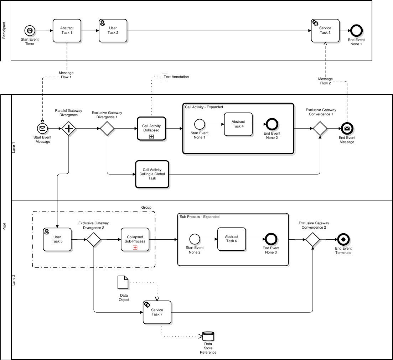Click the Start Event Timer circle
[30, 31]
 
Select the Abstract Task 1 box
[67, 31]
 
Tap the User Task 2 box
[113, 31]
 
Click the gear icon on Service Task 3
[315, 23]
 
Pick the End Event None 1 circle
[356, 31]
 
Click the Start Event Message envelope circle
[42, 129]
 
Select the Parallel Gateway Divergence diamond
[69, 128]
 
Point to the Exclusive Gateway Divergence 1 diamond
[107, 128]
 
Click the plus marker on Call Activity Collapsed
[151, 136]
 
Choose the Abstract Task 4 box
[238, 124]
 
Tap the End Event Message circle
[347, 129]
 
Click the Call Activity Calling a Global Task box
[152, 174]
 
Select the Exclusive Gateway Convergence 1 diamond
[320, 128]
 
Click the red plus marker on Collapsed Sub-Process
[135, 247]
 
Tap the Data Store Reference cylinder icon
[208, 336]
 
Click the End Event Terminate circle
[343, 239]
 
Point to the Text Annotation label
[176, 77]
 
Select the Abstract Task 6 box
[232, 239]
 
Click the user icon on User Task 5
[47, 232]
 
